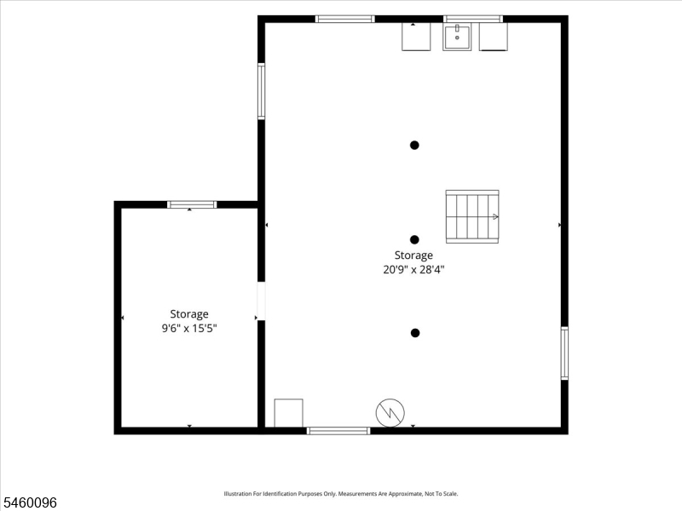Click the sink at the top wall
click(457, 37)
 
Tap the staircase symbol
click(472, 216)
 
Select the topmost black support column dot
click(414, 145)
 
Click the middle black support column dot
click(414, 239)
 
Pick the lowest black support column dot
click(415, 333)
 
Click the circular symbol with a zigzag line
click(390, 413)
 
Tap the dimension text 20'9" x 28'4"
click(413, 269)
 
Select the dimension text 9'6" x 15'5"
click(189, 328)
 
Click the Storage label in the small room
click(189, 313)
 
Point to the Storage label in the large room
click(413, 255)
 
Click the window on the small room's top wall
click(192, 204)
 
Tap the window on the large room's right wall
click(564, 353)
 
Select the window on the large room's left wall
click(262, 91)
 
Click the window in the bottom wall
click(338, 431)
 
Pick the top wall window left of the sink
click(344, 19)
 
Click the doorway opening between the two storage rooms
click(261, 301)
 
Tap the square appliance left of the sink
click(416, 37)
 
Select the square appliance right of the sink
click(494, 37)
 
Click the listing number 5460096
click(29, 502)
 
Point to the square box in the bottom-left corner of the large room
click(288, 413)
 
